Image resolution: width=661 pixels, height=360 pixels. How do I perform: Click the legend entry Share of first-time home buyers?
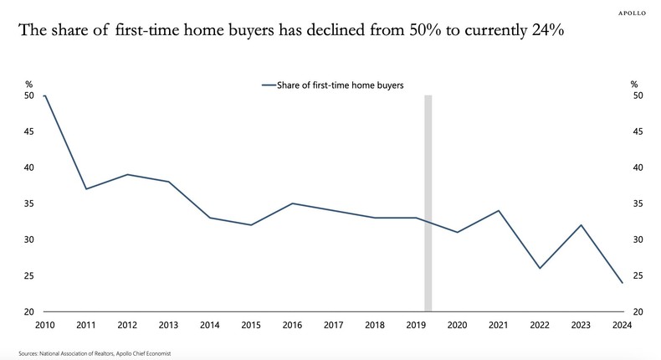[x=333, y=85]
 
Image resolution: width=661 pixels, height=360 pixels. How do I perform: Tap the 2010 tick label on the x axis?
[x=44, y=325]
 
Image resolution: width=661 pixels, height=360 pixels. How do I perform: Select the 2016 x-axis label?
[x=292, y=325]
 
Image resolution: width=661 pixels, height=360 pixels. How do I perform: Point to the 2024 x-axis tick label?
[x=623, y=325]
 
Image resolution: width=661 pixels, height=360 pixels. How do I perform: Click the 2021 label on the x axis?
[x=499, y=325]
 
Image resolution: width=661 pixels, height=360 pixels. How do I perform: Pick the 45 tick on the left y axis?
[x=29, y=131]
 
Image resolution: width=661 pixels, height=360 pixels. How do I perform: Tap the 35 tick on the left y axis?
[x=29, y=203]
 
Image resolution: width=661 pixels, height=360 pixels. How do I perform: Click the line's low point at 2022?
[x=540, y=268]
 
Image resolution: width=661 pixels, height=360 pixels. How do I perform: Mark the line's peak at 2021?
[x=499, y=210]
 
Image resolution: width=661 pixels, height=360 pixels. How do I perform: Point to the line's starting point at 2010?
[x=44, y=95]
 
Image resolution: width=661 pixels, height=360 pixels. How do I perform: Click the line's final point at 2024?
[x=623, y=283]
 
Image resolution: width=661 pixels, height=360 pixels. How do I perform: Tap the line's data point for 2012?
[x=127, y=174]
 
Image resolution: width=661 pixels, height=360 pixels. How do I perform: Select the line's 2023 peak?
[x=582, y=225]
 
